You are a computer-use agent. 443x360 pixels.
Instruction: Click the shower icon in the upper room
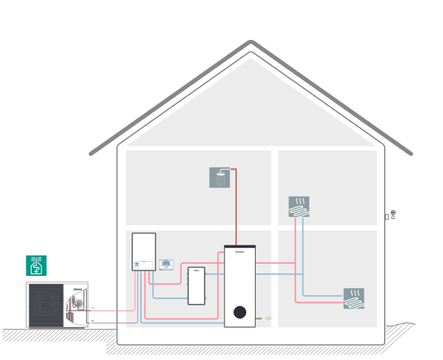tap(220, 178)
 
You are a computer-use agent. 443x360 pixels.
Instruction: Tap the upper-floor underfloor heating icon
tap(298, 207)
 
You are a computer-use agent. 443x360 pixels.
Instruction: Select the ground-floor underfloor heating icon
tap(353, 298)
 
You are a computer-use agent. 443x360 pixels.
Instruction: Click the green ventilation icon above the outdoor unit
tap(36, 265)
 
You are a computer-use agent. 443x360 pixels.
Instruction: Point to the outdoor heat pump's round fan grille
tap(46, 304)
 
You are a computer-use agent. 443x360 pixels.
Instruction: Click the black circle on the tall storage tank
tap(239, 312)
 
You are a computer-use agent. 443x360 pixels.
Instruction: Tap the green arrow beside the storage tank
tap(268, 317)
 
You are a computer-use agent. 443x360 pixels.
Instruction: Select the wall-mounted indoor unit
tap(143, 252)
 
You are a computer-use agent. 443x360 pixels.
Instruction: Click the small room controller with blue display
tap(167, 264)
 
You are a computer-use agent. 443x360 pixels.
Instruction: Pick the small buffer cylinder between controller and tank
tap(196, 285)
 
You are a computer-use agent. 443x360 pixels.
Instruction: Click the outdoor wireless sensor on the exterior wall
tap(393, 214)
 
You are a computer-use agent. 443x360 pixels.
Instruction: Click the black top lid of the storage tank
tap(239, 247)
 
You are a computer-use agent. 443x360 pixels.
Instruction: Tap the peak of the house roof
tap(250, 44)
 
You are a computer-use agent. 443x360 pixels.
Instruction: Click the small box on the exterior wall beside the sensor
tap(387, 217)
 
